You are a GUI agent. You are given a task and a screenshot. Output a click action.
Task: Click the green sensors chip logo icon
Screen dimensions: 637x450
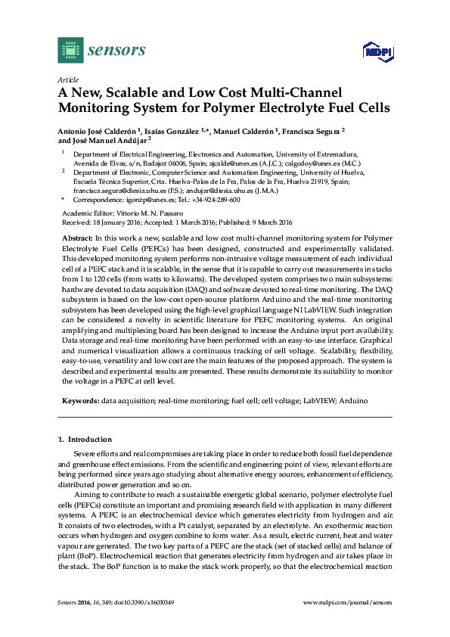[70, 51]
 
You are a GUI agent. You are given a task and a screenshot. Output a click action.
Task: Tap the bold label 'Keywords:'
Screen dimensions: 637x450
[79, 399]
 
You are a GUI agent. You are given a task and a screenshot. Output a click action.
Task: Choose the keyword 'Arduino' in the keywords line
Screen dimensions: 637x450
[353, 399]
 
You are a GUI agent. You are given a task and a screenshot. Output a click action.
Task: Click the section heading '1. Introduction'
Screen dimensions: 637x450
[85, 439]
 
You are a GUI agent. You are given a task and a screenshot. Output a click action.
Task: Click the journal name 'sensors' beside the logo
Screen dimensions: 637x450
[116, 51]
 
